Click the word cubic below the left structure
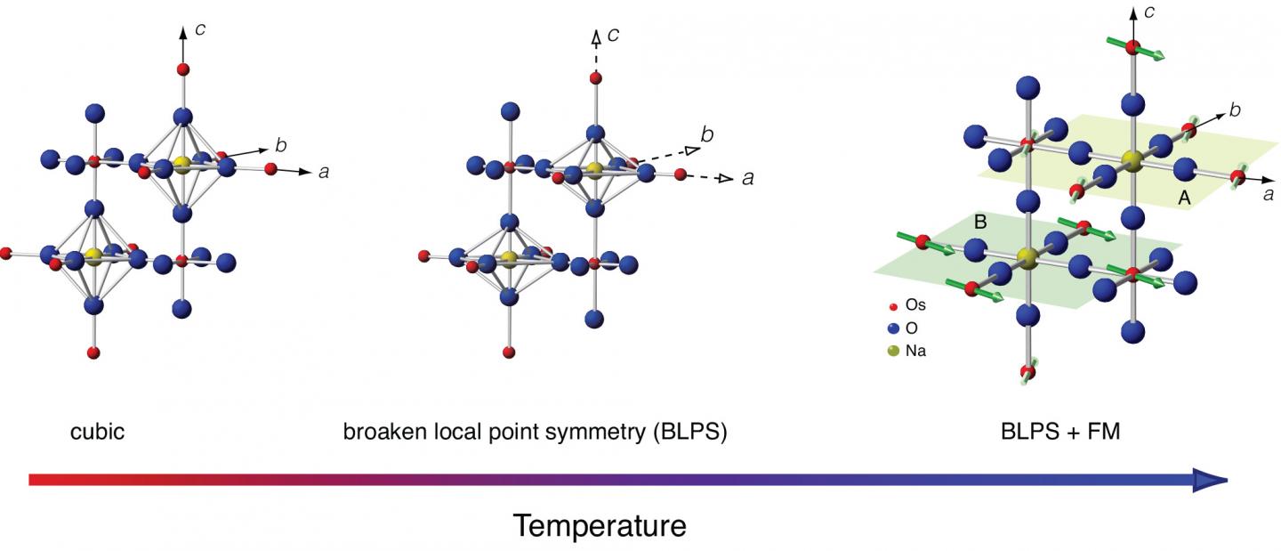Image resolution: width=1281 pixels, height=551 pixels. (97, 434)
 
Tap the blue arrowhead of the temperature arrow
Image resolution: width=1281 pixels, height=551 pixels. (1211, 480)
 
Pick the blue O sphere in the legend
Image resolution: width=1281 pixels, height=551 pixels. (893, 328)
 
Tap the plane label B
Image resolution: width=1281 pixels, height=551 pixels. (980, 223)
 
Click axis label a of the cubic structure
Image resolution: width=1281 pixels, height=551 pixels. (324, 171)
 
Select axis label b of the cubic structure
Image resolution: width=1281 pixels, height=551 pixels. (281, 142)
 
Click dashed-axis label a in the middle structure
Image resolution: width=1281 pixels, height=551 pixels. (747, 178)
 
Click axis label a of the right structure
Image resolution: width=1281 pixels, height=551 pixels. (1268, 194)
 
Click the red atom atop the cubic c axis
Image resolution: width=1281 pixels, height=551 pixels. (183, 69)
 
